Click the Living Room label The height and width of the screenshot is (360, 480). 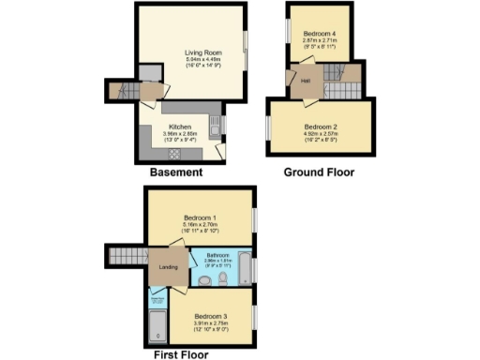196,53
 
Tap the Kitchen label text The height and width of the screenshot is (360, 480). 180,127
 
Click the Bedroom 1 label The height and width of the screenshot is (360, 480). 198,217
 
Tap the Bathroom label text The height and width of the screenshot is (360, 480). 218,255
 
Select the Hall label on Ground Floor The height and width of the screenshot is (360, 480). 306,81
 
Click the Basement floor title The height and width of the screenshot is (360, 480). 176,172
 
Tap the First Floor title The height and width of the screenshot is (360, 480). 184,355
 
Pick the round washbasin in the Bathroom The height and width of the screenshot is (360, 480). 204,279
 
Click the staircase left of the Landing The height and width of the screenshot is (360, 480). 125,256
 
